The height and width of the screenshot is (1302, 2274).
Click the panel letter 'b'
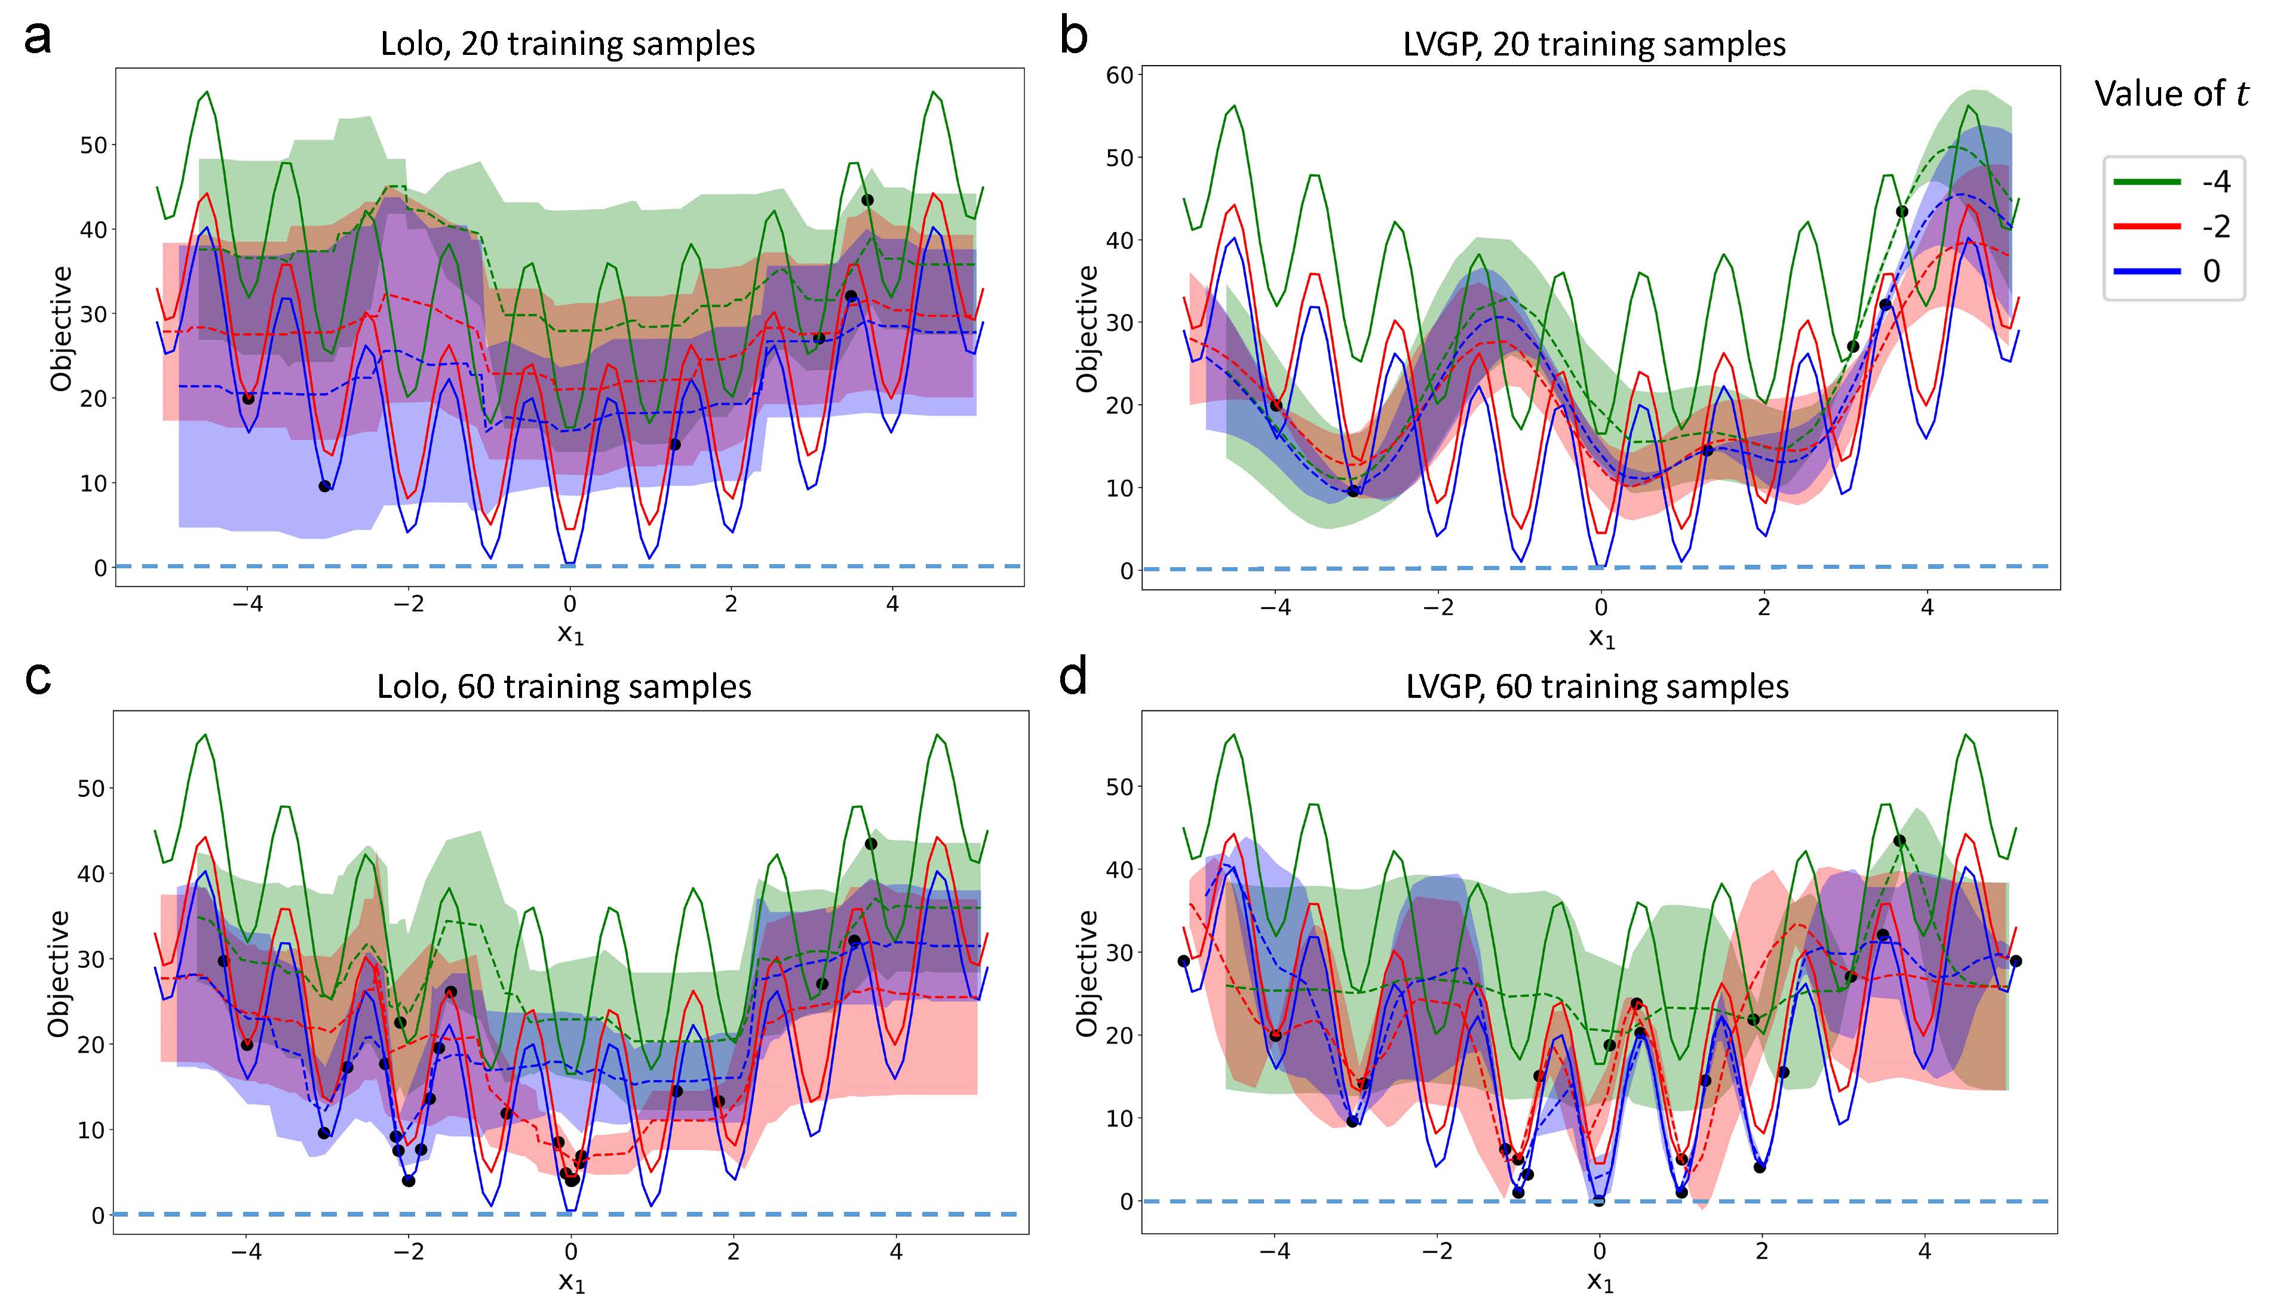pos(1073,38)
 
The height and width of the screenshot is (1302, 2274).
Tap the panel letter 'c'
pos(38,679)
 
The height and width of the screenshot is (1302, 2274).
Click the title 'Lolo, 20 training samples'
pos(568,44)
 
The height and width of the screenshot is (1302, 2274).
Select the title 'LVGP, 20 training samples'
pos(1594,44)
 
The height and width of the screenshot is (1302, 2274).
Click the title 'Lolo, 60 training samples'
pos(564,687)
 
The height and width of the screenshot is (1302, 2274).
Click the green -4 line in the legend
pos(2147,181)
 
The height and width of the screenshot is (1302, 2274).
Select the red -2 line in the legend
pos(2147,226)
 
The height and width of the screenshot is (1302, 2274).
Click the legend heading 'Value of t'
pos(2171,93)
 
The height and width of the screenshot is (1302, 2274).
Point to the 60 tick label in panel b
pos(1119,75)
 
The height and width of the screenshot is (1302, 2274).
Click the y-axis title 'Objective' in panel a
pos(61,328)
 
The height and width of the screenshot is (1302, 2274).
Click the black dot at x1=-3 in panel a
pos(325,487)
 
